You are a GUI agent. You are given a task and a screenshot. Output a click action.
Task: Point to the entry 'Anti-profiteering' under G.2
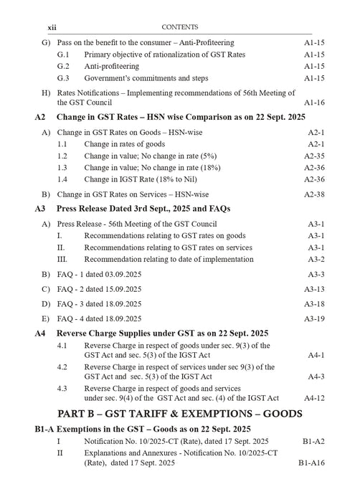click(115, 65)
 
